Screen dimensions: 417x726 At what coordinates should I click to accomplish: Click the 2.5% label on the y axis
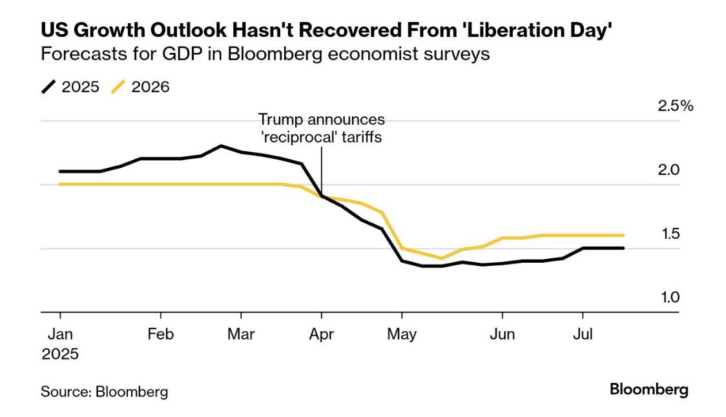pyautogui.click(x=675, y=106)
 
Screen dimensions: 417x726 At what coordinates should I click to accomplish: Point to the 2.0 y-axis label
pyautogui.click(x=669, y=170)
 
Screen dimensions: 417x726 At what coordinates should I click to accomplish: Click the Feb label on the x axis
pyautogui.click(x=160, y=334)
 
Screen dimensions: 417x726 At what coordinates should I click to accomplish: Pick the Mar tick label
pyautogui.click(x=241, y=334)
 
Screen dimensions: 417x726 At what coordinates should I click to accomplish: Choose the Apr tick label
pyautogui.click(x=321, y=334)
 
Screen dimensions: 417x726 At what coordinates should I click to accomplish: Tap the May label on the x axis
pyautogui.click(x=402, y=334)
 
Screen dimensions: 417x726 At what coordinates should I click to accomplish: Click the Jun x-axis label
pyautogui.click(x=502, y=334)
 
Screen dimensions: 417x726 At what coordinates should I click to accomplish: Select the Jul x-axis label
pyautogui.click(x=583, y=334)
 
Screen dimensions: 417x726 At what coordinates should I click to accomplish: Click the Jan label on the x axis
pyautogui.click(x=60, y=334)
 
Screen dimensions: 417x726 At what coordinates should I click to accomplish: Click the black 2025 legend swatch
pyautogui.click(x=48, y=87)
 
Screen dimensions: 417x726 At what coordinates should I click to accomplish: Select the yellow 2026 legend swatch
pyautogui.click(x=118, y=87)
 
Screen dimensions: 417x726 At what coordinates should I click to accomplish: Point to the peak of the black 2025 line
pyautogui.click(x=221, y=146)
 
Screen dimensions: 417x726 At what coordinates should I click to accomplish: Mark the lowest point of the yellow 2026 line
pyautogui.click(x=442, y=258)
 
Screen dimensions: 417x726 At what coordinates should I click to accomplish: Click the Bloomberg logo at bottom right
pyautogui.click(x=649, y=389)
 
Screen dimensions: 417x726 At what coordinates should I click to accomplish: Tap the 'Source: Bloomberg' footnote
pyautogui.click(x=104, y=391)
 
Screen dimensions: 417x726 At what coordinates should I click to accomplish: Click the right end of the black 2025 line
pyautogui.click(x=623, y=248)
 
